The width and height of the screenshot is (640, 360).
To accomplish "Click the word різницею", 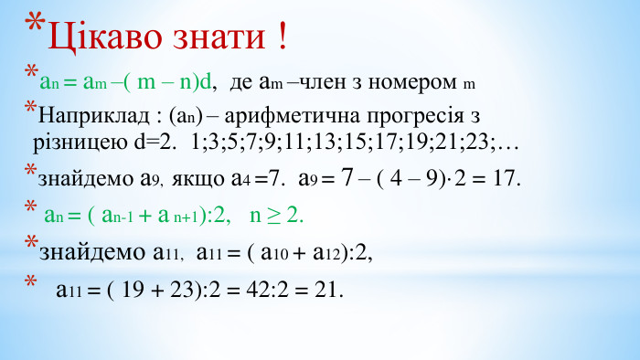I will (80, 143).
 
